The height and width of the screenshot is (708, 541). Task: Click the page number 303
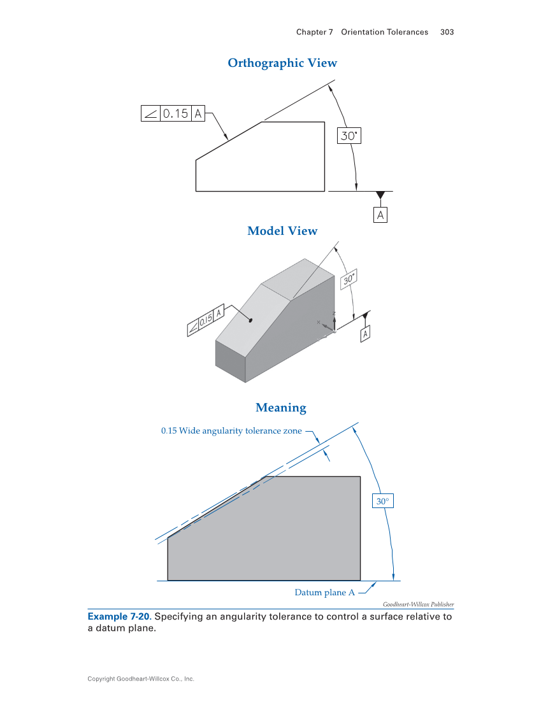click(x=447, y=32)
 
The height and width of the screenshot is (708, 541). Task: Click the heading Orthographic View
click(x=282, y=63)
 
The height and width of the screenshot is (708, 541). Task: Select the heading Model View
click(x=282, y=231)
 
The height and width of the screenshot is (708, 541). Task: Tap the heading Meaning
click(x=281, y=407)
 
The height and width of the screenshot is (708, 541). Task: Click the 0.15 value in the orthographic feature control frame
click(x=176, y=114)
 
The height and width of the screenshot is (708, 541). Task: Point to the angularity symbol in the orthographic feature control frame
click(x=150, y=114)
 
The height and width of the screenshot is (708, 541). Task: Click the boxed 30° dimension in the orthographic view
click(x=349, y=136)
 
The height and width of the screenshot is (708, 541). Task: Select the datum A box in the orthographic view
click(x=380, y=215)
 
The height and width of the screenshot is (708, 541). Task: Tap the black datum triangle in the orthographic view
click(x=380, y=195)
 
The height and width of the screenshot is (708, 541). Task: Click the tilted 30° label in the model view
click(x=349, y=279)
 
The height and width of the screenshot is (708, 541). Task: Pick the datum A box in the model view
click(x=366, y=334)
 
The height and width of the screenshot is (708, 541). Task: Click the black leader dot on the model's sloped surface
click(x=251, y=320)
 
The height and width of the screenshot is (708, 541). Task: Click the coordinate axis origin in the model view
click(x=334, y=330)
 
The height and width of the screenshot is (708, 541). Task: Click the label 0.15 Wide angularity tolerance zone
click(x=231, y=431)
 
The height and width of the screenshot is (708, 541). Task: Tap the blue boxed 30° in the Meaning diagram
click(x=382, y=502)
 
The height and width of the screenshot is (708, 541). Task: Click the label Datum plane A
click(x=324, y=593)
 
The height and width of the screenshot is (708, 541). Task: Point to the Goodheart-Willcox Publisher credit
click(x=418, y=604)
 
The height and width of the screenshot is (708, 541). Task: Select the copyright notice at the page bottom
click(x=141, y=679)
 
